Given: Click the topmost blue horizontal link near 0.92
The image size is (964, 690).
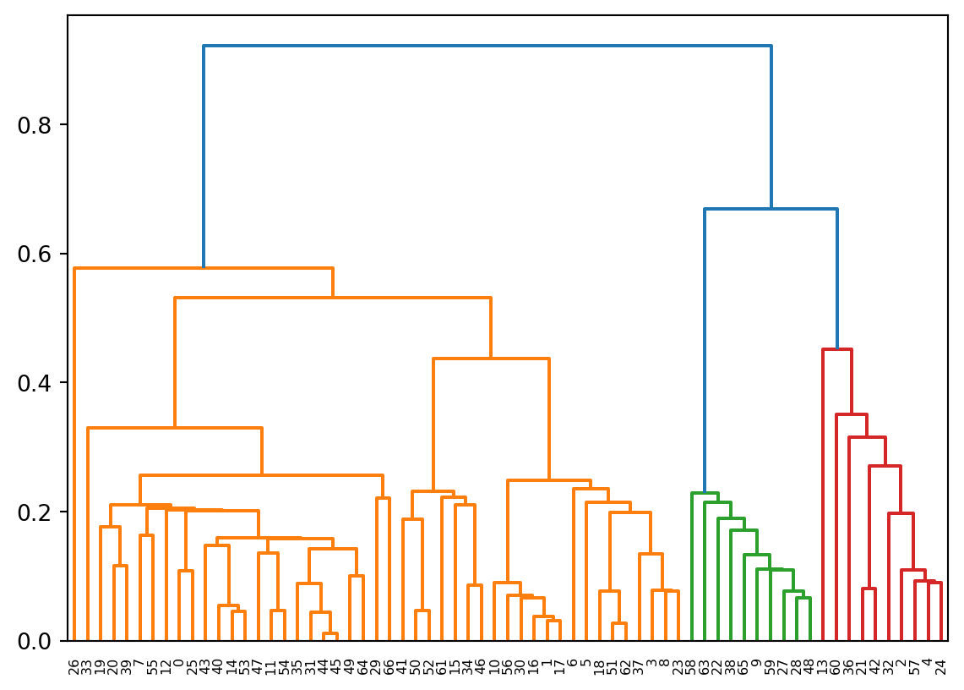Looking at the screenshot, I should (487, 46).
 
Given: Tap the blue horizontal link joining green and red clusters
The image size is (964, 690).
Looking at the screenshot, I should (771, 209).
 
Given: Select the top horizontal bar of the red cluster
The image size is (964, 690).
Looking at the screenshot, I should (837, 349).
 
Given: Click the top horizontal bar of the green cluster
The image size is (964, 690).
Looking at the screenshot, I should (705, 493).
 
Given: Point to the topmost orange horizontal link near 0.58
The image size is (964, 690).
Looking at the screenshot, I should (203, 268).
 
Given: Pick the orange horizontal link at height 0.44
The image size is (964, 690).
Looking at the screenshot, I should (491, 359).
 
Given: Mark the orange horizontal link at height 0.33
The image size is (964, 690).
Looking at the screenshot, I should (175, 428).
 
